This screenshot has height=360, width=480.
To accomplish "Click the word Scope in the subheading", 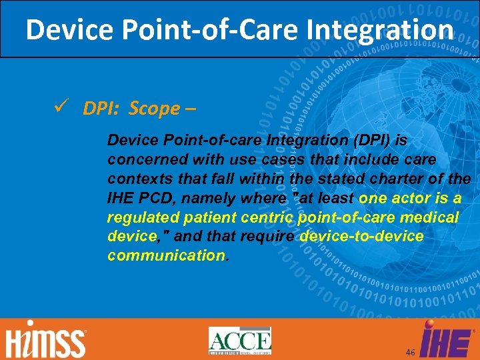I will click(155, 109).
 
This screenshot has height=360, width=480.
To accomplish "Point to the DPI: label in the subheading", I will click(103, 109).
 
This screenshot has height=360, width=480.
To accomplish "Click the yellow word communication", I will click(167, 256).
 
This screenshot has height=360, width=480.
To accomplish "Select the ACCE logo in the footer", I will click(239, 341).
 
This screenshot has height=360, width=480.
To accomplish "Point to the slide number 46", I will click(409, 351).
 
